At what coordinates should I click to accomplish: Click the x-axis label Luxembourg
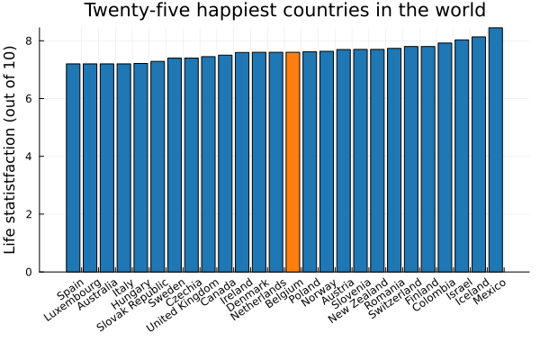coord(80,300)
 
